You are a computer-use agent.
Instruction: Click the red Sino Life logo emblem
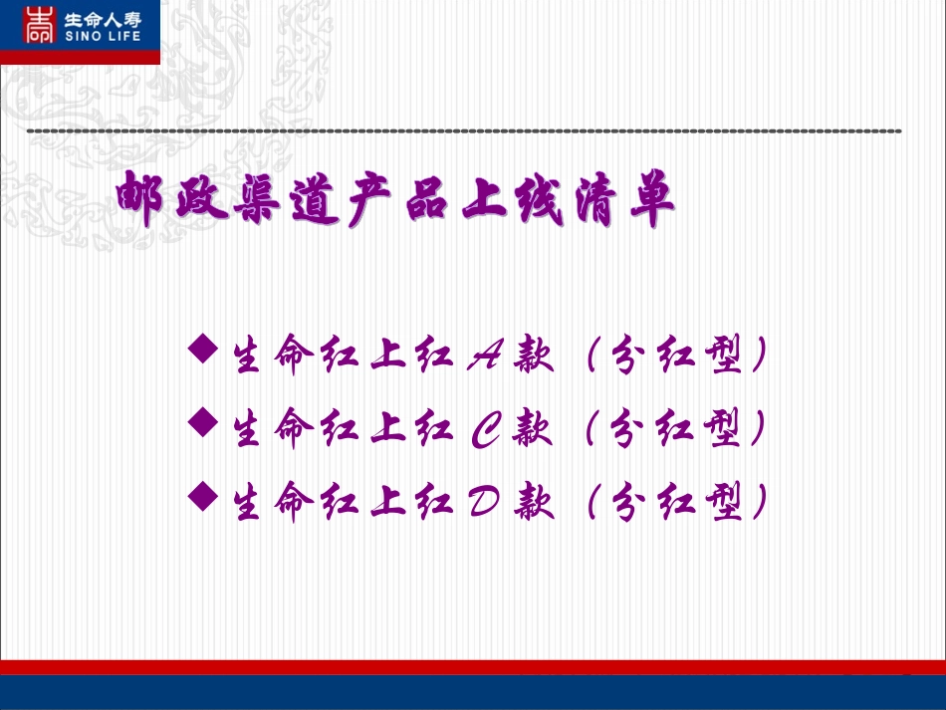[39, 24]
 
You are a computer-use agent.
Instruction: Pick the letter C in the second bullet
[485, 428]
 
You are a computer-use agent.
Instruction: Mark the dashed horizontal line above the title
[463, 131]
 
